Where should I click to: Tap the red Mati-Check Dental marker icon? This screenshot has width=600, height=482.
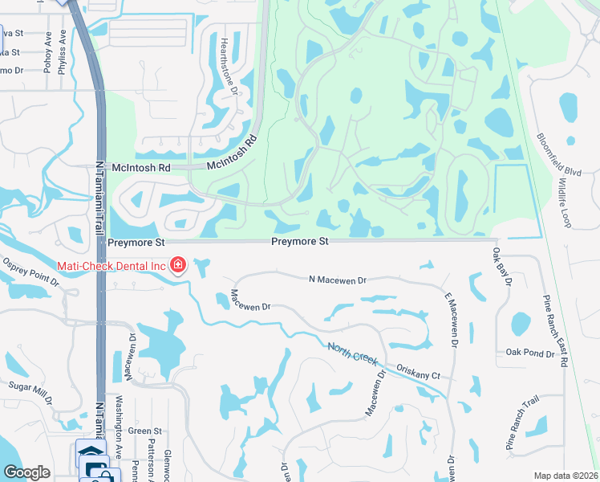point(177,265)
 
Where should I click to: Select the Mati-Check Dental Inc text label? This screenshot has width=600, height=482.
point(111,265)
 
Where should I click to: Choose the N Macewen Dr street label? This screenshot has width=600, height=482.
point(337,280)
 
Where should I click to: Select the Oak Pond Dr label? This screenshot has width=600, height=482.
point(530,353)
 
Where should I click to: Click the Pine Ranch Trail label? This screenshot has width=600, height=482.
point(522,425)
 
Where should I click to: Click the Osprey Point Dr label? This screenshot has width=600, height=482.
point(30,272)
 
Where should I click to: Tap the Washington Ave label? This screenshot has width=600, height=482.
point(117,436)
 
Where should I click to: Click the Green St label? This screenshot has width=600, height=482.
point(144,431)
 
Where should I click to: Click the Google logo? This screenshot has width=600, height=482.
point(26,472)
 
